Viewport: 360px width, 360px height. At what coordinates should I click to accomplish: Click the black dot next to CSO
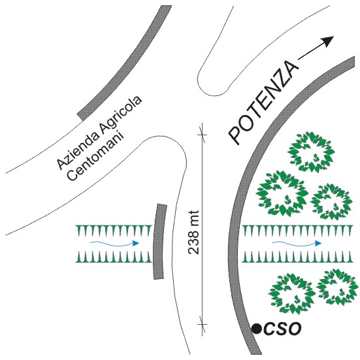click(x=256, y=329)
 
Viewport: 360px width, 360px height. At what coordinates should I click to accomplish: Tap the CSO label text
click(x=282, y=329)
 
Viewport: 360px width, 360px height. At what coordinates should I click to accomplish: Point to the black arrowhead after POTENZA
click(x=327, y=41)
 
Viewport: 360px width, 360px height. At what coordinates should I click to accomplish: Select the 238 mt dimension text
click(x=193, y=232)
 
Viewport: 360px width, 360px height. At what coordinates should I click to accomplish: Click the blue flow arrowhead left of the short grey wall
click(x=136, y=243)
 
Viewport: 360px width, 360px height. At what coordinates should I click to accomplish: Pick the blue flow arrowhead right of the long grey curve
click(x=318, y=243)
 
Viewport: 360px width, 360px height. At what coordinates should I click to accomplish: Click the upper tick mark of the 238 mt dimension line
click(x=202, y=135)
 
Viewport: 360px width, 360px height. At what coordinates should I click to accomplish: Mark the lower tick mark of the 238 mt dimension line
click(x=202, y=325)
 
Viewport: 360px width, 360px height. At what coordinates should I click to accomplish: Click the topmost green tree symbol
click(x=311, y=152)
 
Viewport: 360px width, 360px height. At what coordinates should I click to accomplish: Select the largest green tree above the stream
click(x=282, y=193)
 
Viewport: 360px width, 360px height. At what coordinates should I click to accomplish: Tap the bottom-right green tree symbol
click(x=338, y=287)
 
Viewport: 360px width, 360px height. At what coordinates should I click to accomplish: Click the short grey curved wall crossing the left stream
click(x=159, y=241)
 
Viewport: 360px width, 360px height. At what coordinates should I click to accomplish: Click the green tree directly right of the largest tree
click(x=331, y=202)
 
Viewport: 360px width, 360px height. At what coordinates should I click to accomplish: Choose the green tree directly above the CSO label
click(x=292, y=293)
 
